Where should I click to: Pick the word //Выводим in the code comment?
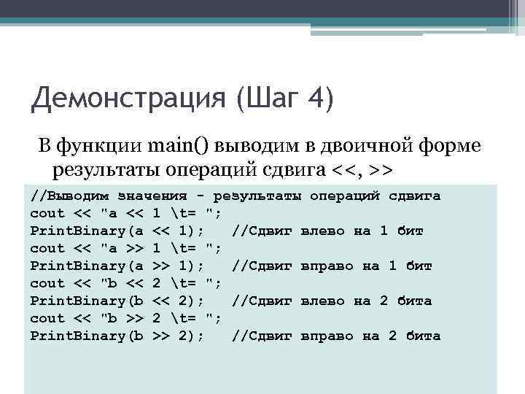click(x=70, y=196)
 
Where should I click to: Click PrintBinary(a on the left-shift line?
click(x=87, y=231)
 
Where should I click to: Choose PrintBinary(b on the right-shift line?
click(x=87, y=336)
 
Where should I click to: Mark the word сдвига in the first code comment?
click(x=415, y=196)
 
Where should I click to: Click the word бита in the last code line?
click(x=424, y=336)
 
